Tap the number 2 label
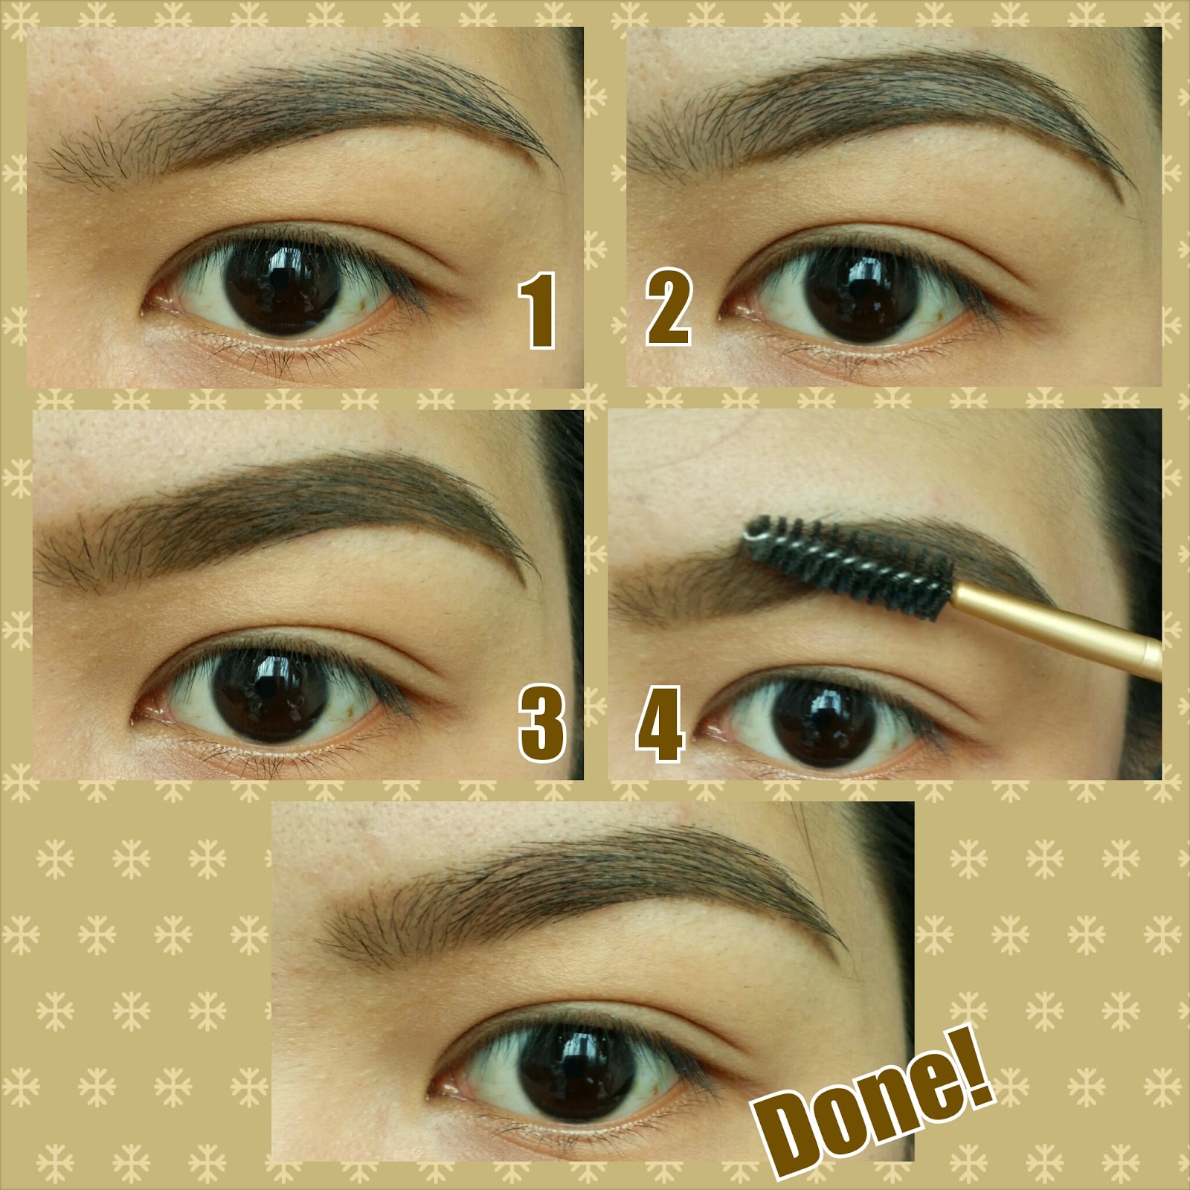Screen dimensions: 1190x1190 pos(667,310)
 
